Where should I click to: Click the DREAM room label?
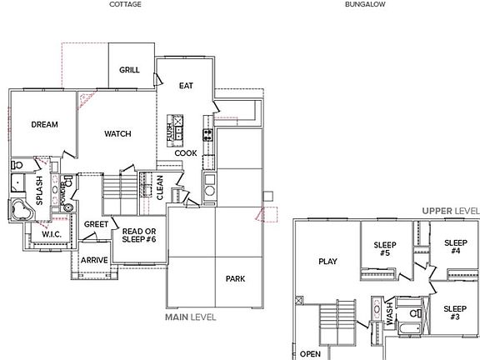coord(44,125)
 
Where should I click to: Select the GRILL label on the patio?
coord(129,70)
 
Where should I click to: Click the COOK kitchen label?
coord(186,152)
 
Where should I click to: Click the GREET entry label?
coord(96,223)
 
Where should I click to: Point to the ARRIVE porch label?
coord(94,260)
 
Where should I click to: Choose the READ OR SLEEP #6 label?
coord(136,237)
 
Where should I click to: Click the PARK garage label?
coord(235,278)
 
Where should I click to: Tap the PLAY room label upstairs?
coord(328,261)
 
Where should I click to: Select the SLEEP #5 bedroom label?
coord(384,248)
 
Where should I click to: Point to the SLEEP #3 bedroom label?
coord(455,314)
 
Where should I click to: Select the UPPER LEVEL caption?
coord(450,212)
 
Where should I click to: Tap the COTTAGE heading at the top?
coord(125,4)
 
